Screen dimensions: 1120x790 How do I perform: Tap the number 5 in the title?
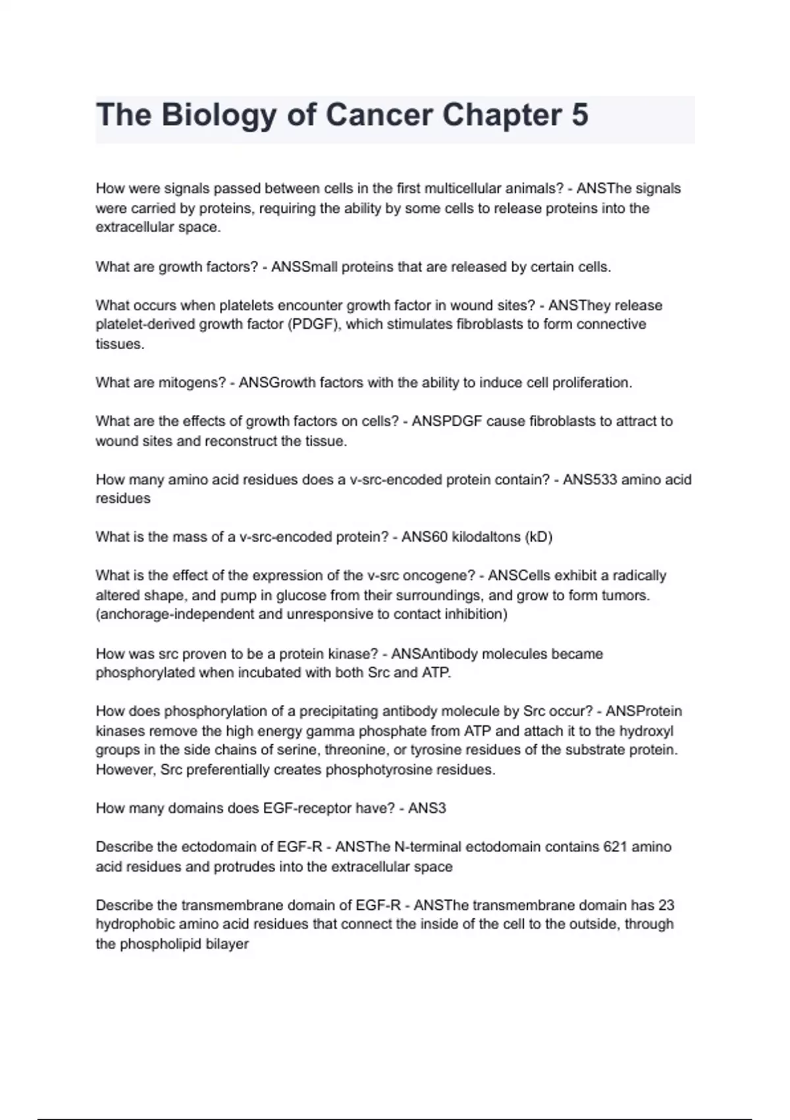[x=579, y=115]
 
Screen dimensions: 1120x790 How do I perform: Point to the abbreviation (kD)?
[x=539, y=537]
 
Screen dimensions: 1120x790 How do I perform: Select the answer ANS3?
[x=427, y=808]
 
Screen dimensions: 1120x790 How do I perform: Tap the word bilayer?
[x=226, y=944]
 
